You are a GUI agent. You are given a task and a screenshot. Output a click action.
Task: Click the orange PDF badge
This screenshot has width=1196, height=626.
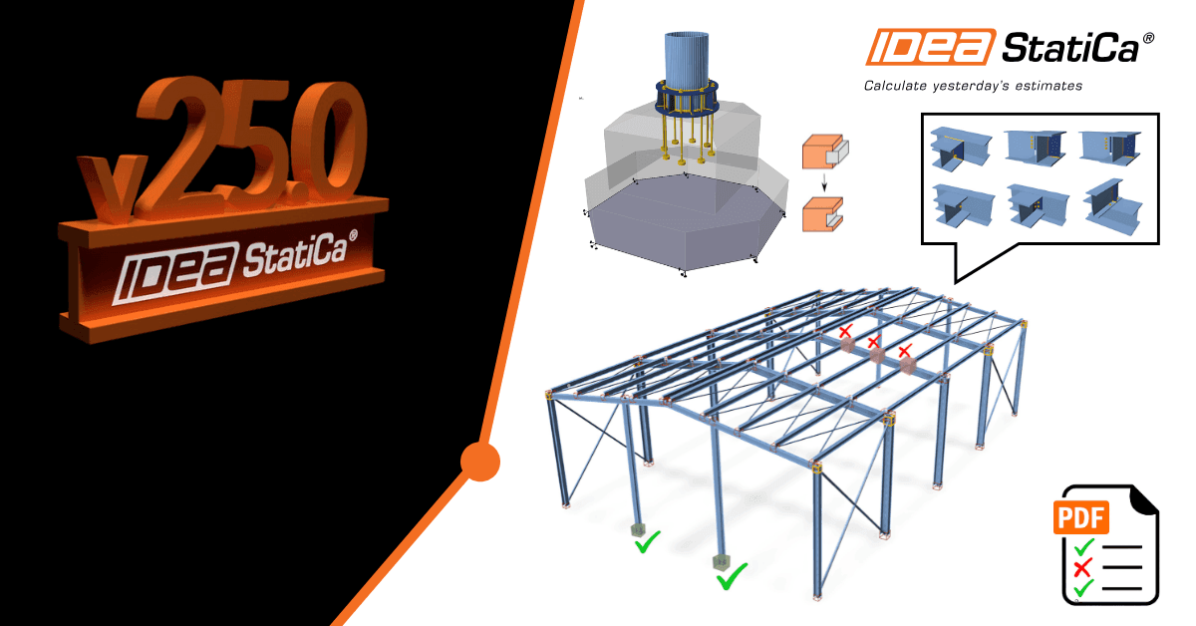1080,517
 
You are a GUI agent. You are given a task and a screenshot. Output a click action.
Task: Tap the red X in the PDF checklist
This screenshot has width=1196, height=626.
1081,568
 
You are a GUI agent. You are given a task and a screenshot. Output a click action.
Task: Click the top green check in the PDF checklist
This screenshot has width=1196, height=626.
1084,547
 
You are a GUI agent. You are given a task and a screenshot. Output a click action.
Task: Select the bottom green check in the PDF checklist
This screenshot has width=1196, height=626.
1084,587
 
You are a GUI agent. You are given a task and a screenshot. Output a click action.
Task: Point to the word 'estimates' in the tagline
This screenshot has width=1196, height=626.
1048,86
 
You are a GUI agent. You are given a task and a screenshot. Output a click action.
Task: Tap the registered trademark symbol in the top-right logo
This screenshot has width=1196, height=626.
1148,38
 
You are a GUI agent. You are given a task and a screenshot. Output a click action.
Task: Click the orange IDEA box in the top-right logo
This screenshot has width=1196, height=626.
931,47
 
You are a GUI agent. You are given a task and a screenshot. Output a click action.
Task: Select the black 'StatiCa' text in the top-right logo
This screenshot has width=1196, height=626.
1070,48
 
